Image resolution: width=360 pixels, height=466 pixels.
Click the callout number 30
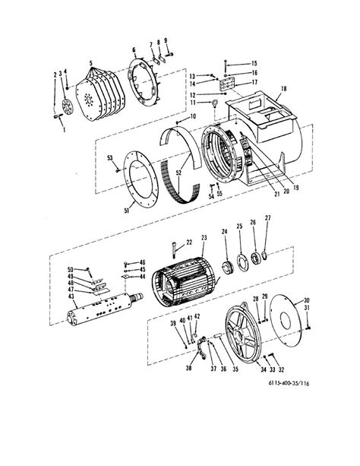pos(307,299)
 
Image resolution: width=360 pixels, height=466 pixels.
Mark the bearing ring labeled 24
pos(225,268)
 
